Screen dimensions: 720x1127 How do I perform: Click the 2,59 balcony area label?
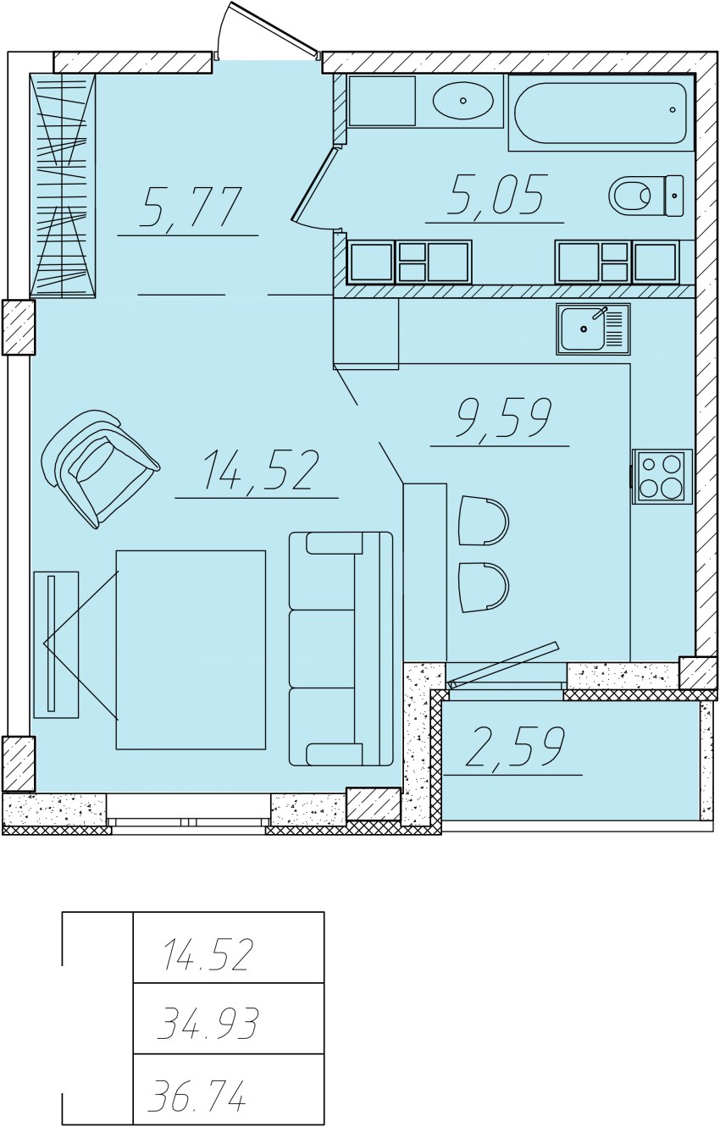(x=515, y=747)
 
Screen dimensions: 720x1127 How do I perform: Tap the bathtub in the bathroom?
(x=601, y=113)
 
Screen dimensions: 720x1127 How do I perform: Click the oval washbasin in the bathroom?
(x=463, y=101)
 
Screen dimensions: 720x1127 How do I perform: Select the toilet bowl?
(x=646, y=196)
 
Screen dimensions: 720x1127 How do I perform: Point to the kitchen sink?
(x=593, y=329)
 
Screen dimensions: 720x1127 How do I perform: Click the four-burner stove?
(x=662, y=477)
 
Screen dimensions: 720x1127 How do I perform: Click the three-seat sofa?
(x=341, y=649)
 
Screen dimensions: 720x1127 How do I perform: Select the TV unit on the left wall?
(x=56, y=644)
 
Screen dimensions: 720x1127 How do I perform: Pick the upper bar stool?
(x=484, y=521)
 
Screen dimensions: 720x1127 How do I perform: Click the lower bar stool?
(x=484, y=588)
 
